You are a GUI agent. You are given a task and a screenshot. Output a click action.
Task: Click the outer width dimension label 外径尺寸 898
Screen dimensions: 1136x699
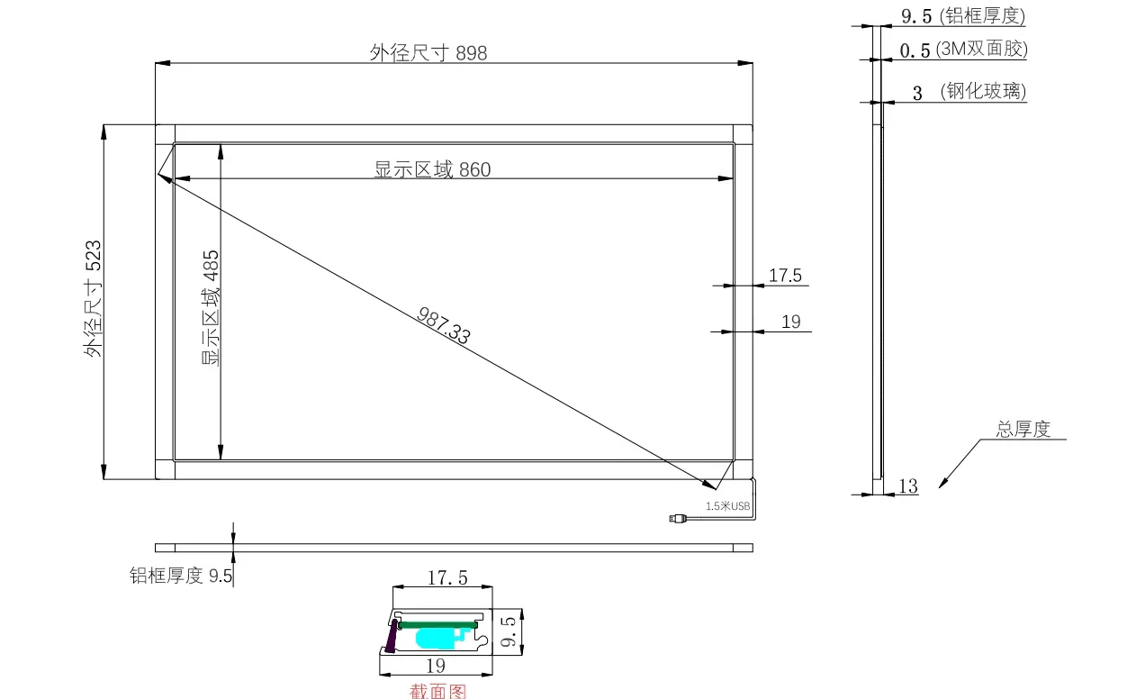(x=428, y=53)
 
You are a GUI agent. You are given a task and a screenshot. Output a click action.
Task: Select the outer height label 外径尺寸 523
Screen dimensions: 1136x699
(x=94, y=298)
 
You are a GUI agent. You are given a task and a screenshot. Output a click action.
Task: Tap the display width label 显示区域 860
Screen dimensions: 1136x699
(x=432, y=169)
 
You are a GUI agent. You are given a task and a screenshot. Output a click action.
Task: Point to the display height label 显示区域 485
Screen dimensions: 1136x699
(x=211, y=308)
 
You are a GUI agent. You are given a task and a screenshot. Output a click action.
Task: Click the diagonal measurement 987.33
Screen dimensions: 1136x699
(x=444, y=325)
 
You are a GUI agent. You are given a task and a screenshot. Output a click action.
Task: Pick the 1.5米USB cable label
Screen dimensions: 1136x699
(x=727, y=506)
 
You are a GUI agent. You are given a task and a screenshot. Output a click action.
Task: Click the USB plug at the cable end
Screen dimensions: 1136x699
(x=678, y=518)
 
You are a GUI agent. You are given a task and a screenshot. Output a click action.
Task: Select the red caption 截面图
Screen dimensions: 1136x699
(x=437, y=691)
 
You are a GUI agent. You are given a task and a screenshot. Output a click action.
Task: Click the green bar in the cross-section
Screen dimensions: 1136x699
(x=438, y=625)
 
